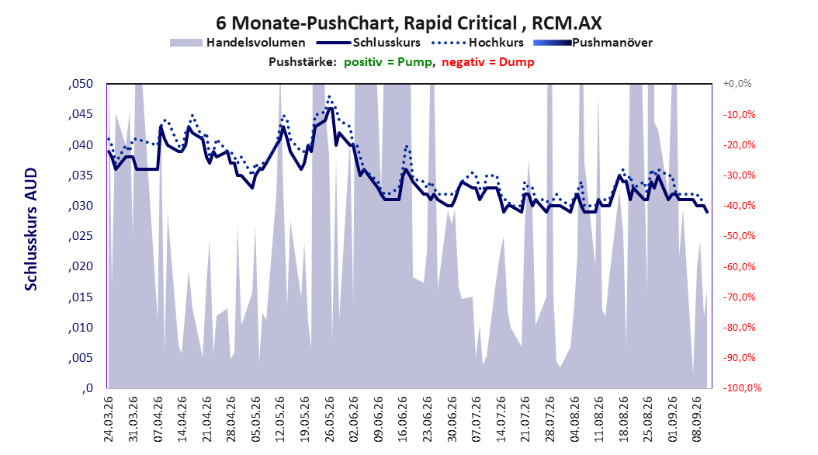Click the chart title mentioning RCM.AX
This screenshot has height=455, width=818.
[x=408, y=23]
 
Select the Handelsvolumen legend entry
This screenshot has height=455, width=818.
[x=238, y=43]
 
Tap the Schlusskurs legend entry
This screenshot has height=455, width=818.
[x=369, y=43]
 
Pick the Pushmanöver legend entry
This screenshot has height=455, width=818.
[x=593, y=43]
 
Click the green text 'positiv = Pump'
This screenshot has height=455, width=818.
[x=388, y=62]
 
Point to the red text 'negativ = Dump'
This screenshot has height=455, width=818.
[x=488, y=62]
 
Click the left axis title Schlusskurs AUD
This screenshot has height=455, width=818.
[x=31, y=230]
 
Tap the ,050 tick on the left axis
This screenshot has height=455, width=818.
[x=81, y=84]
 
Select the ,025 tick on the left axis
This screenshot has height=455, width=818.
[x=81, y=236]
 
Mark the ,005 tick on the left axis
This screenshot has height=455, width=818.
[x=81, y=357]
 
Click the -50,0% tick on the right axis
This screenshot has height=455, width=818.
[x=739, y=236]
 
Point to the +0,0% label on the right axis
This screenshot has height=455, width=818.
[x=737, y=84]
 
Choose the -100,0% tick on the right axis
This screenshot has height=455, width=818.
[x=742, y=387]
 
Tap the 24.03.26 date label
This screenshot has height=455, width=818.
[x=109, y=419]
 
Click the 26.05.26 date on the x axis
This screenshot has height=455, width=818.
[x=330, y=419]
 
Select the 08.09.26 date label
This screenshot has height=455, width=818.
[x=697, y=419]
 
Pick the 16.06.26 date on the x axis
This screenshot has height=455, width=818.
[x=404, y=419]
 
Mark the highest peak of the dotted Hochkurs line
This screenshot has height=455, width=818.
[x=328, y=96]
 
